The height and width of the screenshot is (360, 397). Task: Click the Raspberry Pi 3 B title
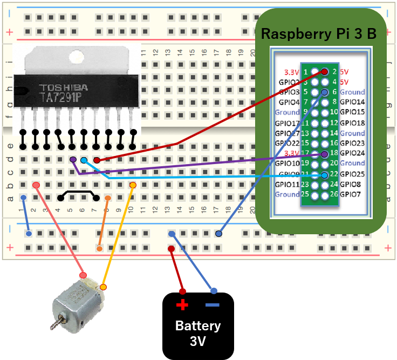[x=318, y=34]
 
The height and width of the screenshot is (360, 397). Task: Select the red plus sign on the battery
[x=182, y=305]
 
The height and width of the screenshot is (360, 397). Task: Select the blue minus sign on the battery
[x=213, y=305]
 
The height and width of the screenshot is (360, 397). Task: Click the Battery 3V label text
[x=197, y=334]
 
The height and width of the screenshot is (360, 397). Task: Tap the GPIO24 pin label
[x=352, y=153]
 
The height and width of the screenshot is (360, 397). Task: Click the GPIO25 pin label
[x=352, y=174]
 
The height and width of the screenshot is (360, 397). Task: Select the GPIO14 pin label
[x=352, y=102]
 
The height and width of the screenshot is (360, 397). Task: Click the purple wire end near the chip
[x=73, y=160]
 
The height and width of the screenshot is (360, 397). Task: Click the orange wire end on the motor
[x=103, y=287]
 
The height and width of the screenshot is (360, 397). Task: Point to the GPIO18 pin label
[x=352, y=123]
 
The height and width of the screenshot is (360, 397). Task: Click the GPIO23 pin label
[x=352, y=143]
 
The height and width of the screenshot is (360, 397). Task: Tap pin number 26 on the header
[x=333, y=194]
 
